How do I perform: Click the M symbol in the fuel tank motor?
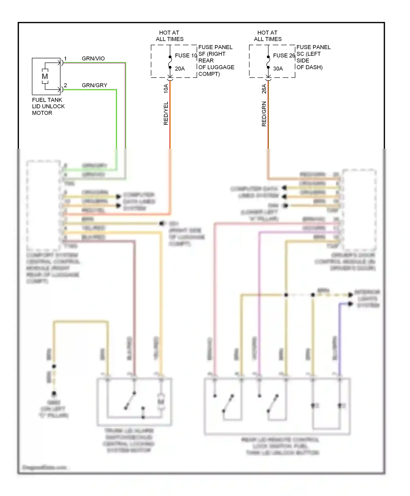click(x=45, y=77)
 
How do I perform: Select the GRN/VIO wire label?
click(x=93, y=59)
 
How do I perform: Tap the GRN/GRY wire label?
click(x=94, y=85)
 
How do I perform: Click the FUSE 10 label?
click(x=186, y=56)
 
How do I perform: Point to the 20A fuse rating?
click(x=180, y=69)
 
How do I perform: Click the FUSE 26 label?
click(x=284, y=56)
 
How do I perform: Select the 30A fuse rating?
click(x=278, y=69)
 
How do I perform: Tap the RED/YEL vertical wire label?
click(x=166, y=113)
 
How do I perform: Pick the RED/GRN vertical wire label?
click(x=264, y=114)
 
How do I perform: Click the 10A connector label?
click(x=166, y=89)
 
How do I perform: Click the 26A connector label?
click(x=264, y=89)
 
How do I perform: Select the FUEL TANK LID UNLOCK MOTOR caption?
click(x=48, y=106)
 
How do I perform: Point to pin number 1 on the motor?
click(x=65, y=59)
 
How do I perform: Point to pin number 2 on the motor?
click(x=65, y=85)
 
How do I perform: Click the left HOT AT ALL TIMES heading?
click(x=169, y=36)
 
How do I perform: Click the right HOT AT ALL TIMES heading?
click(x=268, y=36)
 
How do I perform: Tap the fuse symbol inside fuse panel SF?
click(x=170, y=62)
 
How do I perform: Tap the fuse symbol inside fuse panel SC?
click(x=268, y=62)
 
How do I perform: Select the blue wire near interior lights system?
click(x=340, y=336)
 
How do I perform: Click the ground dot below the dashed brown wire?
click(x=54, y=393)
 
